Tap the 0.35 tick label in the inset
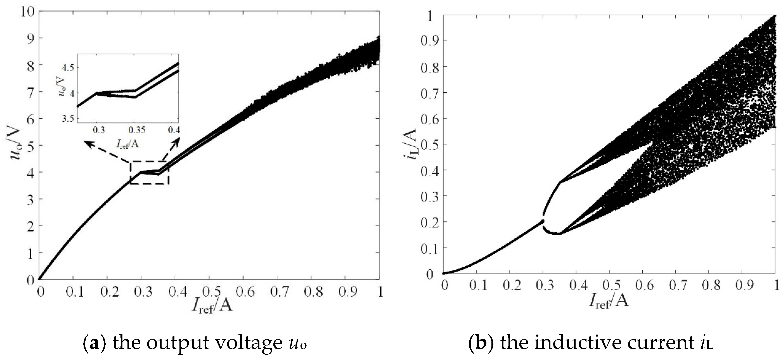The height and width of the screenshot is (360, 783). point(136,130)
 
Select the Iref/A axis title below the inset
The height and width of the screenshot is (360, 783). point(127,143)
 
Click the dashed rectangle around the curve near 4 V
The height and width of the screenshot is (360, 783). point(149,172)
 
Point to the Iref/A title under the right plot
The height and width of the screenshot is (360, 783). point(609,302)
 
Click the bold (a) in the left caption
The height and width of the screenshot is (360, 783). point(94,343)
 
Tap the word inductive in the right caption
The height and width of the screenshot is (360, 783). point(565,343)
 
